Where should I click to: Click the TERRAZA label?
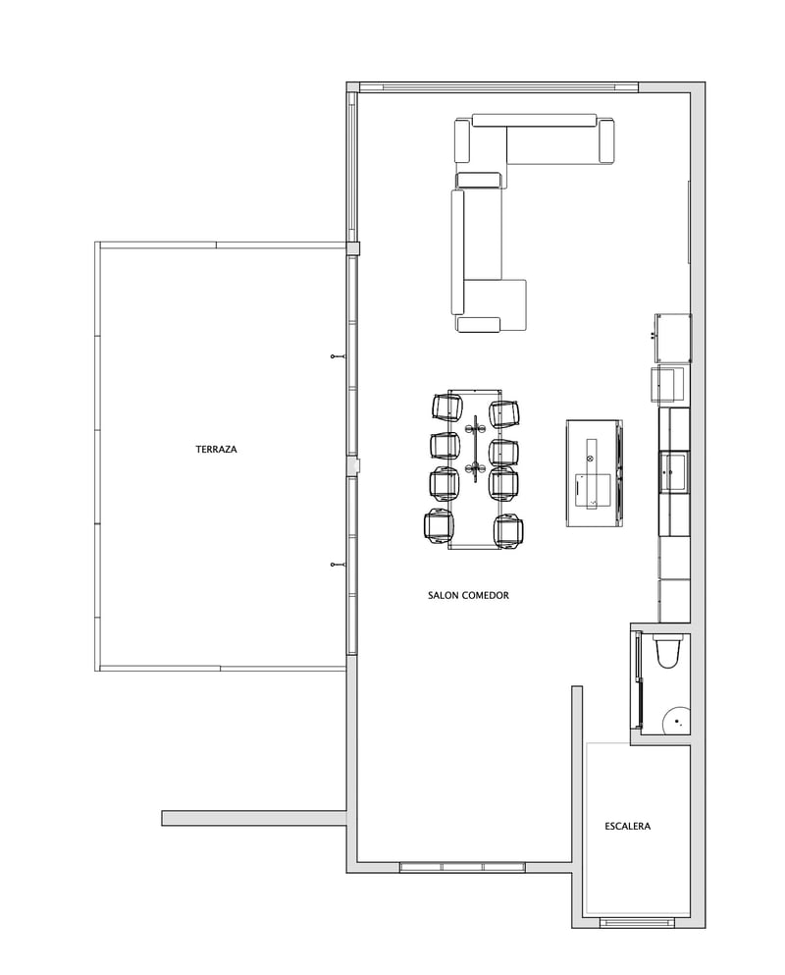[216, 449]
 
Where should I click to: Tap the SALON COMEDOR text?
[468, 595]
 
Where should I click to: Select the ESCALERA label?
[628, 826]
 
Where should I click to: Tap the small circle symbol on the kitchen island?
[590, 457]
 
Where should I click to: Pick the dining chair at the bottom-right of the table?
[509, 529]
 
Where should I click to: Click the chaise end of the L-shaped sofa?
[496, 305]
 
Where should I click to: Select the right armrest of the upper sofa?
[606, 140]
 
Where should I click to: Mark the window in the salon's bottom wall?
[461, 867]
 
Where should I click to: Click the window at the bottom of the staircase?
[637, 922]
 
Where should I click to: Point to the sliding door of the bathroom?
[639, 682]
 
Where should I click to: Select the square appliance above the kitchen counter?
[673, 337]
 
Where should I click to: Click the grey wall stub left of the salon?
[253, 817]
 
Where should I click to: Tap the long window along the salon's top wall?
[499, 87]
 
